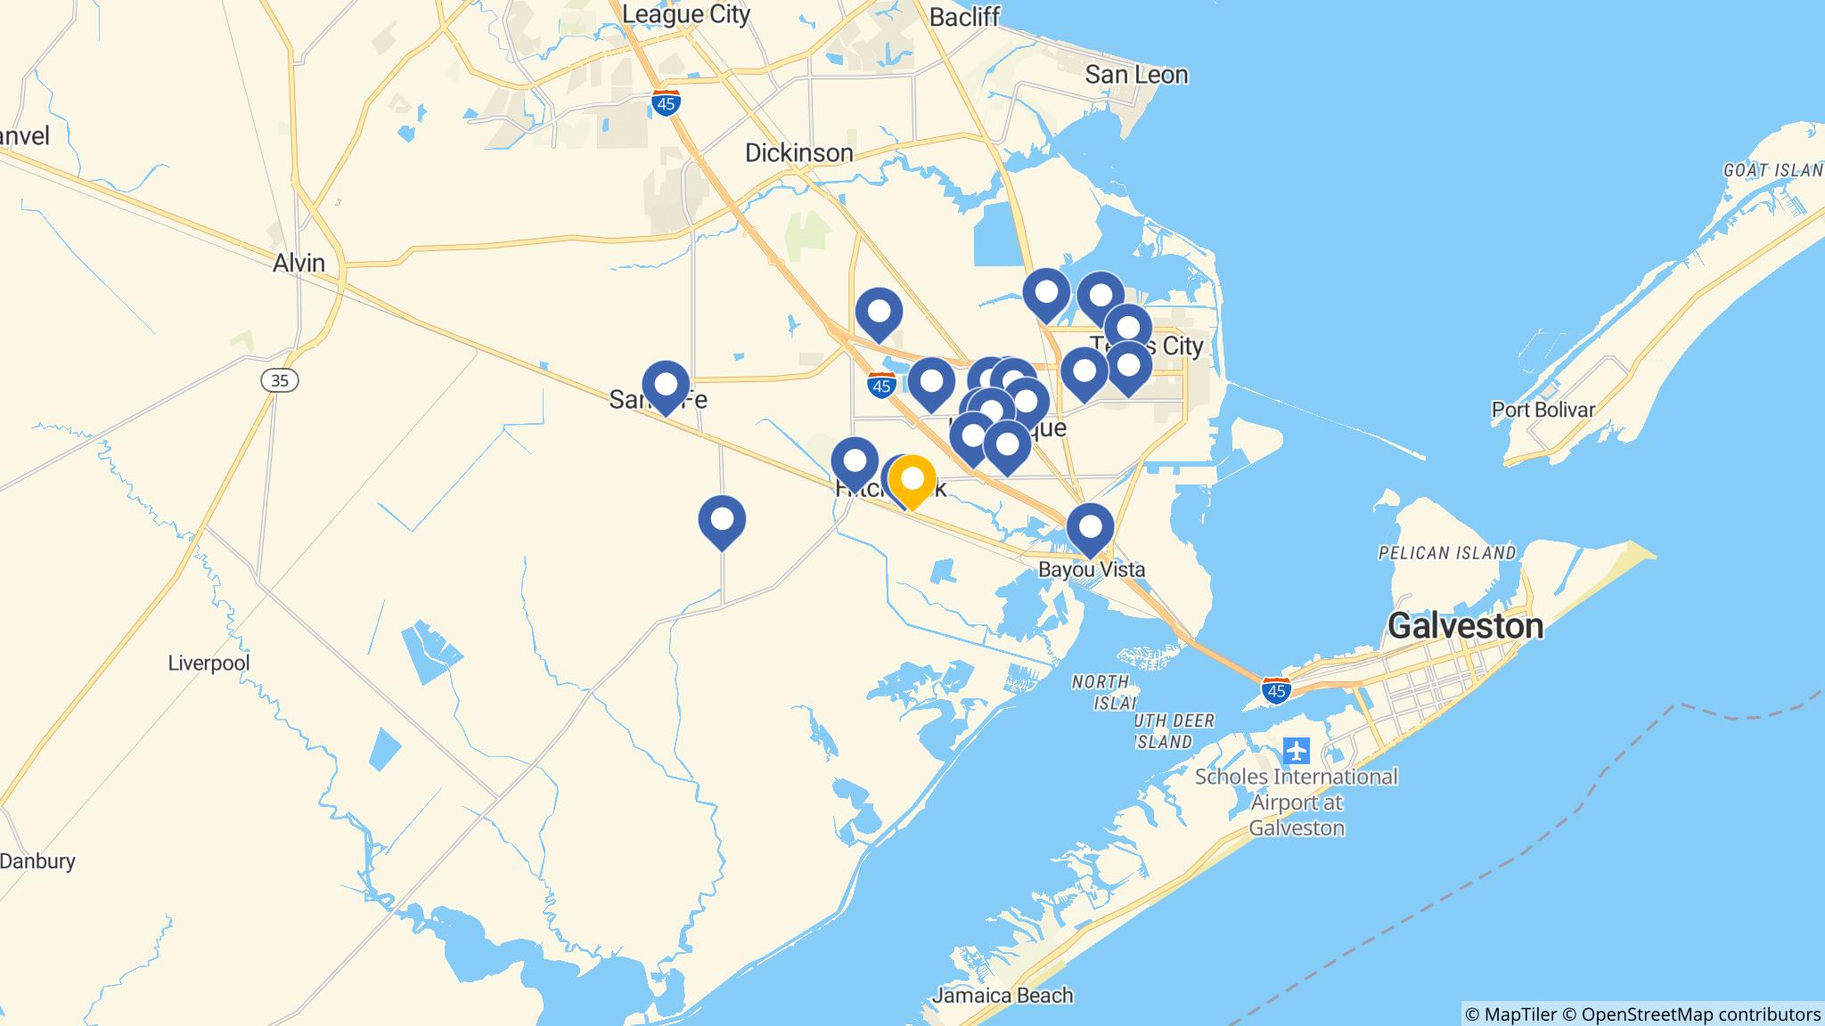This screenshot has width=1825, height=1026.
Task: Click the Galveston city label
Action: [1465, 626]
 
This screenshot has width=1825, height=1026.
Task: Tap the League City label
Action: [686, 14]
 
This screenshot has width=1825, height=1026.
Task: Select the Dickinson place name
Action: [798, 153]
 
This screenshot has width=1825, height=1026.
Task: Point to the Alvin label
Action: [299, 264]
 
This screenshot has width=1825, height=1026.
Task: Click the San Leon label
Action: [1136, 75]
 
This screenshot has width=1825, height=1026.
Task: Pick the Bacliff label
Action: [964, 18]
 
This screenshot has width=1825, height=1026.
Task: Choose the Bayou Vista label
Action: [1092, 569]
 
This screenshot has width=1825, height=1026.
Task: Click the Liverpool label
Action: [209, 664]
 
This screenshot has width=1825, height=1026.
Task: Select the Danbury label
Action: [37, 861]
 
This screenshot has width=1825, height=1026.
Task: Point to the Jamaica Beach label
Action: [1003, 996]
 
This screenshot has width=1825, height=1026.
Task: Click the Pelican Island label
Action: [1446, 553]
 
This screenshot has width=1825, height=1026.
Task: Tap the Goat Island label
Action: [1772, 170]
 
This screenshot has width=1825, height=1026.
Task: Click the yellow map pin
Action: [912, 480]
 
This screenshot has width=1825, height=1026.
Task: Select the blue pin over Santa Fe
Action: [666, 386]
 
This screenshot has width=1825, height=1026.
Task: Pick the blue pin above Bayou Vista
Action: [1090, 528]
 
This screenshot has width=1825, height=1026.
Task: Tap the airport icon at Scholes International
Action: [1297, 751]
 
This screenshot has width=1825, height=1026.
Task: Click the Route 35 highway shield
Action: [280, 380]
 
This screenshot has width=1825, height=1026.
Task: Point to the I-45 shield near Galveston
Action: [1276, 691]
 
